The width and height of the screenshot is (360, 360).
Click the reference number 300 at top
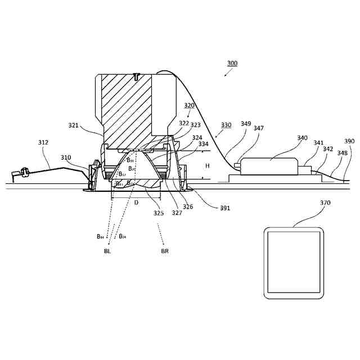(x=232, y=64)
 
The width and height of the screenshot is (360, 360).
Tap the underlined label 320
(x=189, y=105)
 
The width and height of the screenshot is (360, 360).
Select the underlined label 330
(x=226, y=125)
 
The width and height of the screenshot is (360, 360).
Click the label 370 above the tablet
(x=325, y=202)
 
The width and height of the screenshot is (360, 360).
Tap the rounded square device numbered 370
(x=294, y=263)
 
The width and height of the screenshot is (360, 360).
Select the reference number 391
(x=225, y=208)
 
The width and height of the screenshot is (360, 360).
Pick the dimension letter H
(x=207, y=166)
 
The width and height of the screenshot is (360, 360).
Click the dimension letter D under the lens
(x=136, y=202)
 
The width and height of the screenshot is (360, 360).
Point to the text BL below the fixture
(x=107, y=251)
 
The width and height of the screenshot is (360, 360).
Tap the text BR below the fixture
(x=165, y=251)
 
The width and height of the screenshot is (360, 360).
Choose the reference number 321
(x=74, y=125)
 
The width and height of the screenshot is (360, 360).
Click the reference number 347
(x=258, y=128)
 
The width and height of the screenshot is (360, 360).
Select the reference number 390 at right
(x=349, y=141)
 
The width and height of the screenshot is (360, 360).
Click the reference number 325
(x=159, y=213)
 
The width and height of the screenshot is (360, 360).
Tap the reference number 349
(x=246, y=124)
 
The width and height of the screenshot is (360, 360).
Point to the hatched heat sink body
(x=127, y=107)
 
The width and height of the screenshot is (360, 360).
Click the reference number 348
(x=342, y=153)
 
